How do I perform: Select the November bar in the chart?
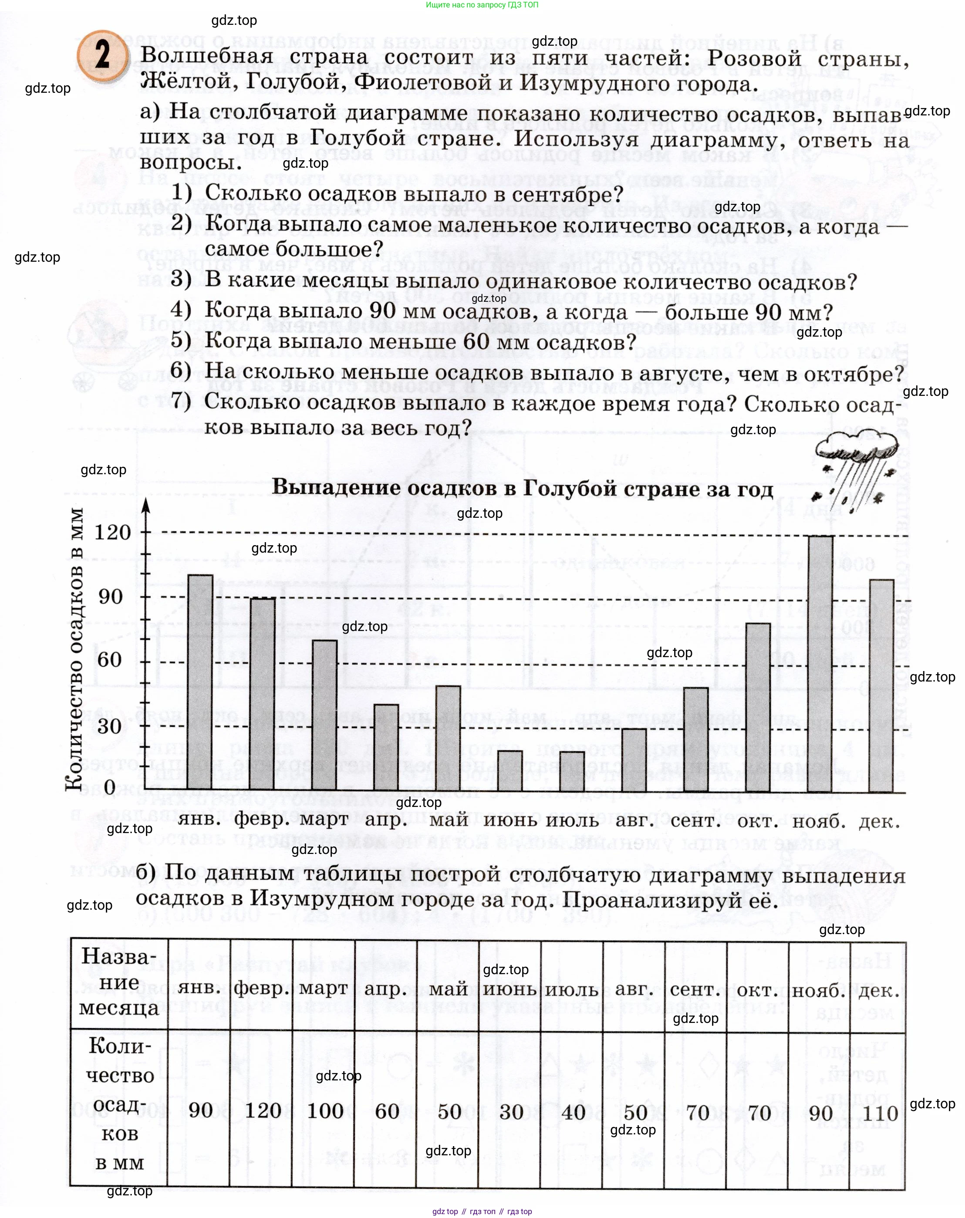tap(820, 664)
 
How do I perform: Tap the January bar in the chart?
tap(200, 682)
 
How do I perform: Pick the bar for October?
tap(758, 707)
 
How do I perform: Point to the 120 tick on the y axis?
tap(112, 533)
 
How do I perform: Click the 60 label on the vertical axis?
tap(110, 660)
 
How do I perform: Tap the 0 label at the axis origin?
tap(110, 787)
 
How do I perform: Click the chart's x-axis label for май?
tap(449, 820)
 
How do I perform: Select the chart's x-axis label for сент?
tap(695, 821)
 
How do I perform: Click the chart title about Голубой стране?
tap(523, 488)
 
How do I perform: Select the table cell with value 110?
tap(880, 1113)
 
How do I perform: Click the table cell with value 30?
tap(511, 1112)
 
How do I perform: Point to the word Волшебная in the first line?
tap(207, 57)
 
